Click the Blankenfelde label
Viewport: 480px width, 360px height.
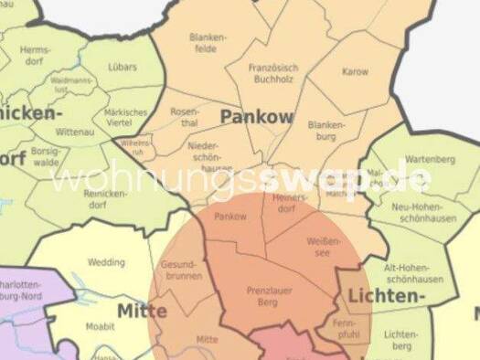(x=208, y=43)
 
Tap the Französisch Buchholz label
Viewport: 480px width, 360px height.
(x=274, y=73)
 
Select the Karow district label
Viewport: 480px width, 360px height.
(x=355, y=71)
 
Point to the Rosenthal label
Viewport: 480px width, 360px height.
(x=184, y=117)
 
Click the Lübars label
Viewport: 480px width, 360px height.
(x=122, y=67)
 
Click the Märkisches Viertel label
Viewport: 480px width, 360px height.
(x=126, y=117)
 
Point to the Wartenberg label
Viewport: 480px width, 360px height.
(x=430, y=159)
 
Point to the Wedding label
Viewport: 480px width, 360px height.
(x=106, y=262)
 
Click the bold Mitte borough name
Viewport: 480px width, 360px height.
(x=142, y=312)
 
